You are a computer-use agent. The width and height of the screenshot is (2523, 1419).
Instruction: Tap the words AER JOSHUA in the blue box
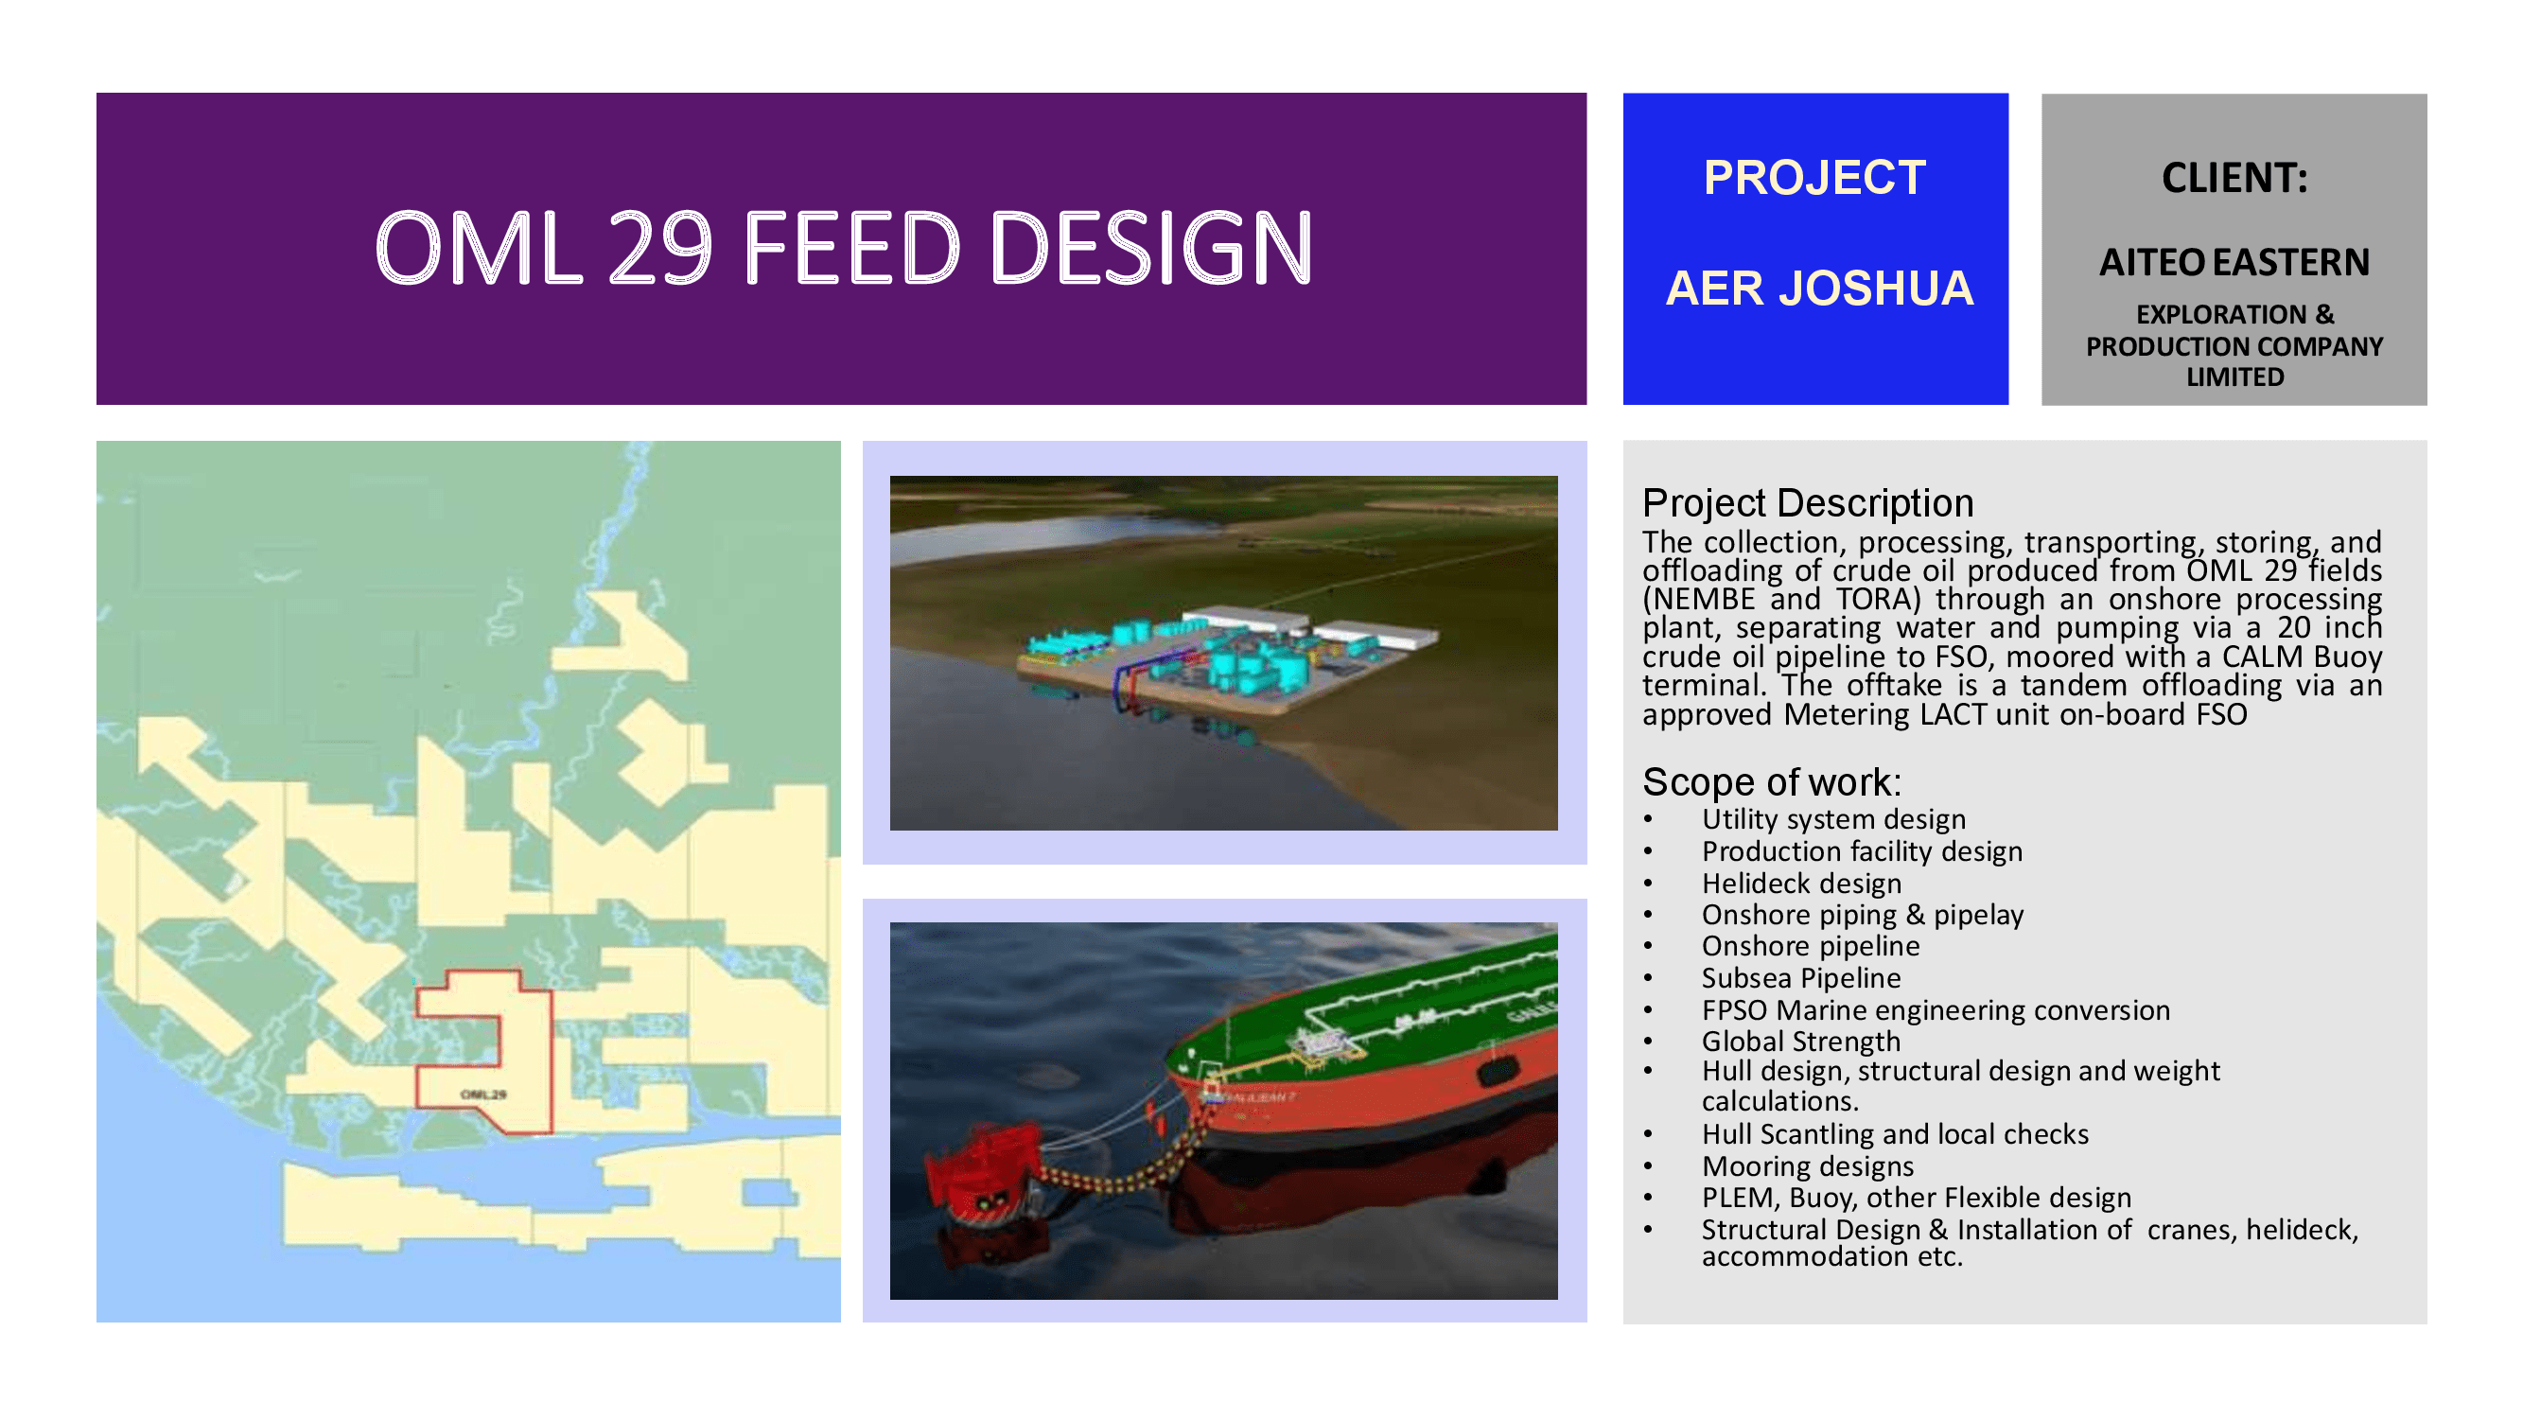tap(1819, 288)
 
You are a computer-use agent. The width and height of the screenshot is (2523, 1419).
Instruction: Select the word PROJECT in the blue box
tap(1814, 177)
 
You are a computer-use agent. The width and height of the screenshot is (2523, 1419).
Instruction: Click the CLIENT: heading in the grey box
tap(2234, 177)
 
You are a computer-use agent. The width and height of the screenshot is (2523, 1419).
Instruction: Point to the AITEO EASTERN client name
tap(2234, 261)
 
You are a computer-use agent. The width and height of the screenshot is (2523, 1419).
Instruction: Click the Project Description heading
tap(1807, 502)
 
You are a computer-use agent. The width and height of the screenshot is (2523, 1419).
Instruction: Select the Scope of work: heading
tap(1772, 781)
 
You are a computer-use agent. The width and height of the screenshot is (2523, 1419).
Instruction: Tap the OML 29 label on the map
tap(482, 1094)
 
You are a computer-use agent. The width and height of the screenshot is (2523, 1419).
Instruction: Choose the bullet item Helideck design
tap(1801, 884)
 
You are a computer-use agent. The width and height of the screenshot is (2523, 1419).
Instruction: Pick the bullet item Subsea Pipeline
tap(1800, 977)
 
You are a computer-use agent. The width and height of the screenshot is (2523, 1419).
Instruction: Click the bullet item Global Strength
tap(1800, 1041)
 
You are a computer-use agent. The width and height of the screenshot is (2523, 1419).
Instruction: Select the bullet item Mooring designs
tap(1807, 1166)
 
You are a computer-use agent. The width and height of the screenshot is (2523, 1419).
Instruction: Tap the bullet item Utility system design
tap(1833, 818)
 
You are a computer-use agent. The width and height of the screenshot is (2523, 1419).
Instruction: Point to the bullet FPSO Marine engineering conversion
tap(1936, 1009)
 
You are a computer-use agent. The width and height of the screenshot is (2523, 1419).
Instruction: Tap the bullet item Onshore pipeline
tap(1810, 946)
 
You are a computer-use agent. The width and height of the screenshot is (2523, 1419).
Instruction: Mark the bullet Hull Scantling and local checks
tap(1894, 1134)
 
